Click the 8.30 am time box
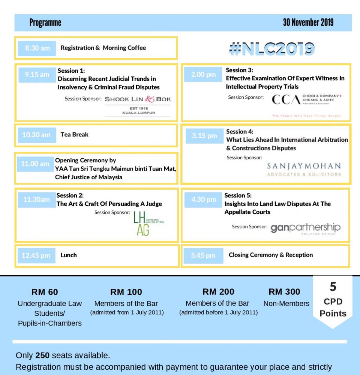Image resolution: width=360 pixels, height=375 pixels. pyautogui.click(x=37, y=48)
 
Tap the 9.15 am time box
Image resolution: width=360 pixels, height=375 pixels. pyautogui.click(x=37, y=75)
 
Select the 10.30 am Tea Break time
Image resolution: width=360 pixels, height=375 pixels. pyautogui.click(x=36, y=135)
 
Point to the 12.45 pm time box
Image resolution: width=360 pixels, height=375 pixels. pyautogui.click(x=36, y=256)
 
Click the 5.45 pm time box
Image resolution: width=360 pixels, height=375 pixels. pyautogui.click(x=203, y=256)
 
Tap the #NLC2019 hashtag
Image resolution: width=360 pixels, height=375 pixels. pyautogui.click(x=272, y=49)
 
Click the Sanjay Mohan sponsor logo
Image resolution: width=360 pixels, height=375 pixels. pyautogui.click(x=304, y=169)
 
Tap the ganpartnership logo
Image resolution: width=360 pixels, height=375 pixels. pyautogui.click(x=305, y=228)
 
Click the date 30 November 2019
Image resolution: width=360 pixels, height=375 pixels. pyautogui.click(x=308, y=22)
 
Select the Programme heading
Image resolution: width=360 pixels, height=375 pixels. pyautogui.click(x=45, y=23)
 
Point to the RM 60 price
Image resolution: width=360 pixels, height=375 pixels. pyautogui.click(x=45, y=292)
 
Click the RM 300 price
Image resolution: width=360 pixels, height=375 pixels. pyautogui.click(x=284, y=292)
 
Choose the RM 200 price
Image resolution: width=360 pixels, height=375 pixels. pyautogui.click(x=218, y=292)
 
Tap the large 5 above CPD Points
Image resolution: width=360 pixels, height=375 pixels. pyautogui.click(x=333, y=287)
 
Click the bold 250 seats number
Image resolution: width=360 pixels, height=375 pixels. pyautogui.click(x=42, y=355)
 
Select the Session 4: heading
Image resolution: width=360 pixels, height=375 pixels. pyautogui.click(x=240, y=132)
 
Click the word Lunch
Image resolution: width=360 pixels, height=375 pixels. pyautogui.click(x=69, y=255)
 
